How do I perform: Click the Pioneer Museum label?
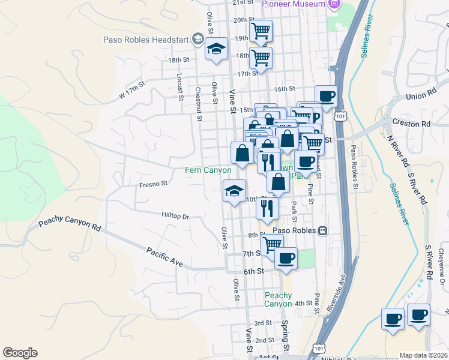[x=294, y=4]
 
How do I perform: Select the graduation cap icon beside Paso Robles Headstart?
[x=216, y=50]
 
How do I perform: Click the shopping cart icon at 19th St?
[x=261, y=31]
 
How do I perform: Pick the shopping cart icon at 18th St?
[x=261, y=58]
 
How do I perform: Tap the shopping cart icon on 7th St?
[x=272, y=244]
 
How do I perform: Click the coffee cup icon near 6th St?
[x=286, y=258]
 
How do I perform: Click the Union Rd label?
[x=420, y=95]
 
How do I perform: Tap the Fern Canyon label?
[x=208, y=170]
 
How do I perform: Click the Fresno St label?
[x=152, y=184]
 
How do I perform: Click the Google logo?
[x=20, y=353]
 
